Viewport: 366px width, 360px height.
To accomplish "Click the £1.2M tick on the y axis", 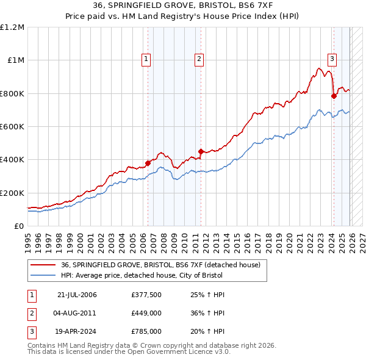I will point(12,27).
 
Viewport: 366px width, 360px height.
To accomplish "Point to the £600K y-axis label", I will point(12,127).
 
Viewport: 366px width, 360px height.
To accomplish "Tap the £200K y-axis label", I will point(12,193).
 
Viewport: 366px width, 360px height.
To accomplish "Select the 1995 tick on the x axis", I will point(28,237).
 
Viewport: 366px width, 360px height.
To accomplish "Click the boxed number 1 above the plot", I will point(147,59).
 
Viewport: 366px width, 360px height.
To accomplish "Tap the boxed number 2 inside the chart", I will point(199,59).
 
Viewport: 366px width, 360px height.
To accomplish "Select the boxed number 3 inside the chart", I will point(332,59).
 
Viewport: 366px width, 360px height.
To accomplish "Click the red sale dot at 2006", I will point(148,163).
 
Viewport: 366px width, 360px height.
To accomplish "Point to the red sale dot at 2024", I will point(334,96).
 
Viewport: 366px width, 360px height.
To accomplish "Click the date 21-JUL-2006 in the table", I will point(77,295).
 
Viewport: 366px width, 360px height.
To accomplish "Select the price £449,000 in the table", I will point(146,313).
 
